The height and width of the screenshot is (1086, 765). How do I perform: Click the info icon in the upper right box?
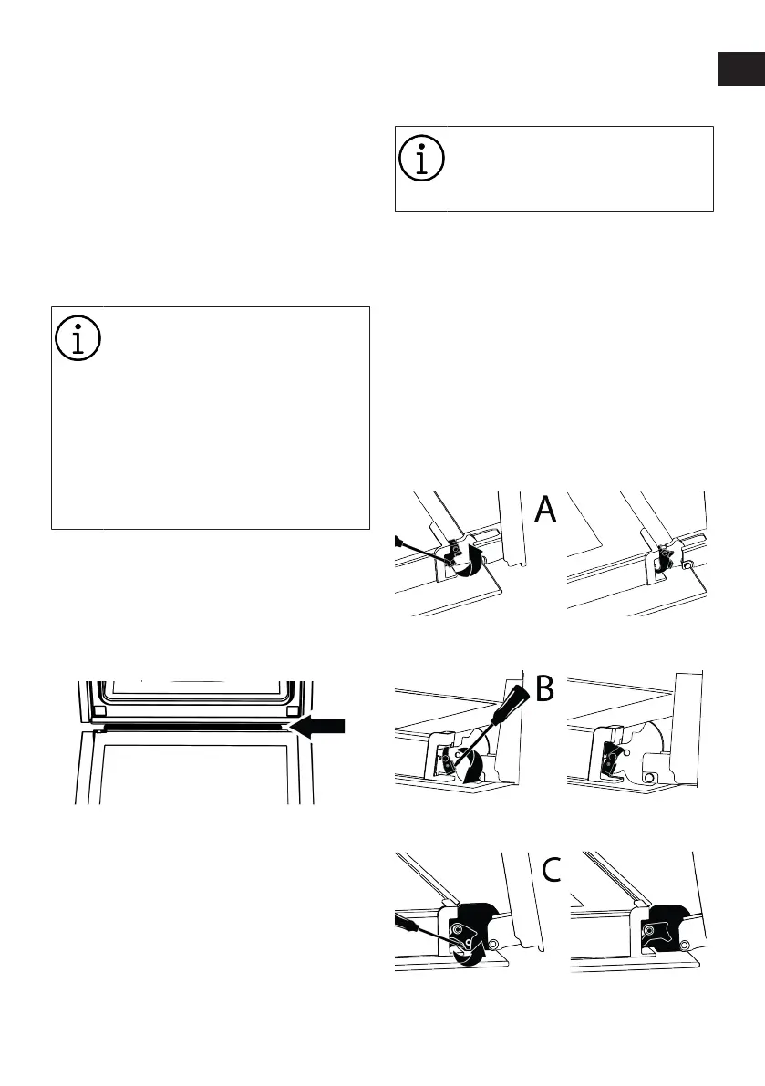421,159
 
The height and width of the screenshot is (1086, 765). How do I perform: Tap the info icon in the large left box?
78,338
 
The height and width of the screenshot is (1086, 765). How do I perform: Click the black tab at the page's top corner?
741,68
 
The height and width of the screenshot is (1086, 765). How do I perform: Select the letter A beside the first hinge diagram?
545,509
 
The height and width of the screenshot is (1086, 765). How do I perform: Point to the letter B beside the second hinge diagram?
545,688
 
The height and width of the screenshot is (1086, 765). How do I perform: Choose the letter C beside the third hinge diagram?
551,869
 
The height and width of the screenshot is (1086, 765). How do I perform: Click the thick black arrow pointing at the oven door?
317,725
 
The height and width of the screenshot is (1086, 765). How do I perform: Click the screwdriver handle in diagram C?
406,921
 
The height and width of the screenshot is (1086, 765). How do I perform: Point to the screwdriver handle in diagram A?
398,541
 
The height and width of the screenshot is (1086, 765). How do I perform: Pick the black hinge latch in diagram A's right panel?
663,560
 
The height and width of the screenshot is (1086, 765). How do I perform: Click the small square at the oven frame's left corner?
99,710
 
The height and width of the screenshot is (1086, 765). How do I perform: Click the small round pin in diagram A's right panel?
686,566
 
